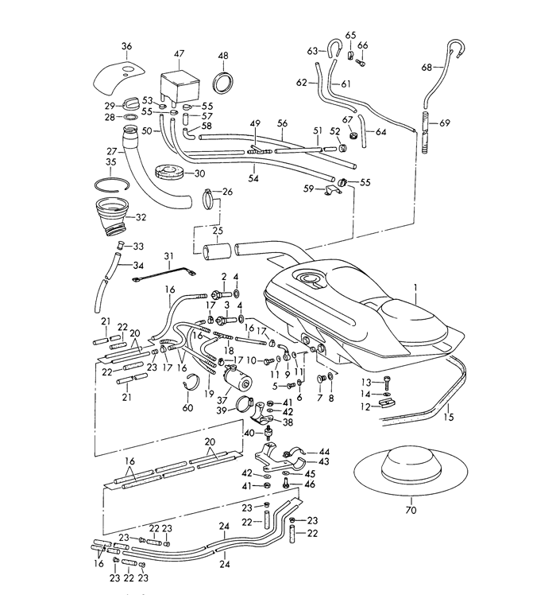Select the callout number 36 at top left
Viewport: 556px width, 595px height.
(126, 47)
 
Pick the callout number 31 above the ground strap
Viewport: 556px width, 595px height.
(168, 256)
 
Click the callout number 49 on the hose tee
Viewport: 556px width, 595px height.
(255, 123)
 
